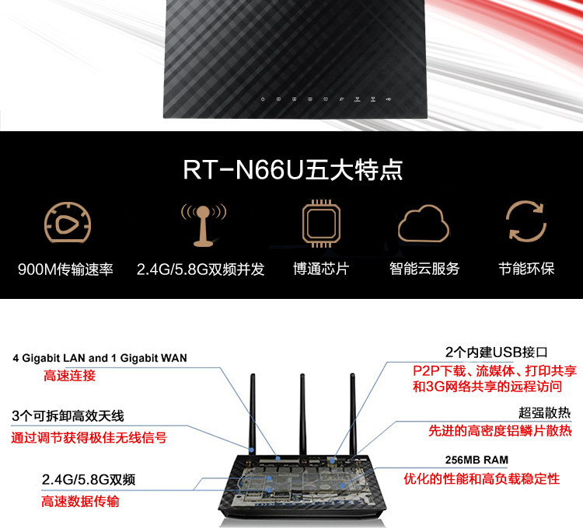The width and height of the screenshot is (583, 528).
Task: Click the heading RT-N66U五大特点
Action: click(x=293, y=170)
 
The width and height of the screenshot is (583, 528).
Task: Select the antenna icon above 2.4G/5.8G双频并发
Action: click(x=203, y=224)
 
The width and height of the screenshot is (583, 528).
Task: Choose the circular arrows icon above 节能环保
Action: click(x=526, y=223)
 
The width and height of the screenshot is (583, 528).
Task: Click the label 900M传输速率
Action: click(x=66, y=269)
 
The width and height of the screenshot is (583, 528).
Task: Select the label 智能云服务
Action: click(x=424, y=269)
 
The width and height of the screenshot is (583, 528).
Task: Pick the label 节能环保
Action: click(x=526, y=269)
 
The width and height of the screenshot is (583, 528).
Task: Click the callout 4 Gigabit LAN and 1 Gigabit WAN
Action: click(x=99, y=358)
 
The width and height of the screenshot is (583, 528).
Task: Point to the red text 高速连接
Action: click(x=69, y=376)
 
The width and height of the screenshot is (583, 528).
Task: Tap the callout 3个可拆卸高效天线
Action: click(x=68, y=415)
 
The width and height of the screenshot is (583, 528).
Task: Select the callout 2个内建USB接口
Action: click(x=497, y=352)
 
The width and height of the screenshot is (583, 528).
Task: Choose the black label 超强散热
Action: click(x=545, y=412)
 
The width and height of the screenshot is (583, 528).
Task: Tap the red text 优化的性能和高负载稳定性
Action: click(x=481, y=478)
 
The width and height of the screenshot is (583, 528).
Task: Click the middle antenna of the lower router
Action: click(x=302, y=412)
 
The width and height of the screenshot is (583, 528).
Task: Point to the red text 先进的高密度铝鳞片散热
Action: click(x=500, y=430)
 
